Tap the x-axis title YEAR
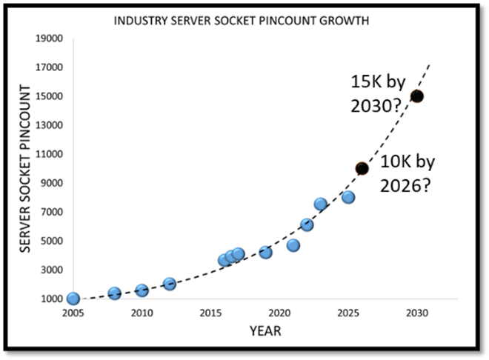(x=265, y=331)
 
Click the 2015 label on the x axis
(x=210, y=313)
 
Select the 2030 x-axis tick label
(x=417, y=313)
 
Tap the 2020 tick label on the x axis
(x=279, y=313)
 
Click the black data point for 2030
(x=417, y=96)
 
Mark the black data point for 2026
(x=362, y=169)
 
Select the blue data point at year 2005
(x=73, y=299)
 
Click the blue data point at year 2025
(x=348, y=197)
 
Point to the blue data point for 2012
(x=169, y=284)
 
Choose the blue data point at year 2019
(x=265, y=253)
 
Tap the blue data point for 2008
(x=114, y=294)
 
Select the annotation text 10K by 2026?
(x=406, y=174)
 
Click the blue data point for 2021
(x=293, y=245)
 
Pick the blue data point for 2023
(x=321, y=204)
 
